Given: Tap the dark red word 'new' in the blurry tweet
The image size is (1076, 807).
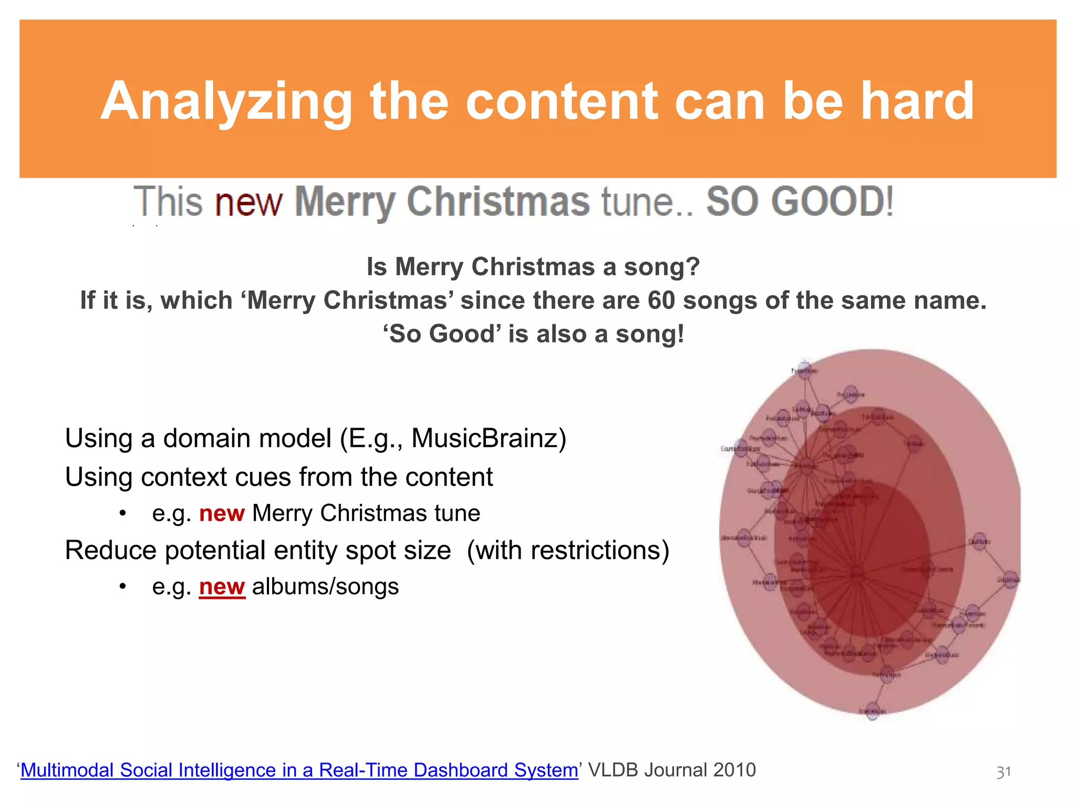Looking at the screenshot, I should pos(249,202).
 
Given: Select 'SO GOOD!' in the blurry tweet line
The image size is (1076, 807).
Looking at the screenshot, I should pos(799,202).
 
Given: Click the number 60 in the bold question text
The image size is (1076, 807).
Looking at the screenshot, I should pos(661,301).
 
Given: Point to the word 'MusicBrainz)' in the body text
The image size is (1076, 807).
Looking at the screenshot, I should pos(489,438).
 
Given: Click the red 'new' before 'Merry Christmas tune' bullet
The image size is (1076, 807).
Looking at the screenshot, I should pos(222,513).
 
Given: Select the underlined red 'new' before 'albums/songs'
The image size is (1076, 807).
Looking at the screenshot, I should pos(222,587).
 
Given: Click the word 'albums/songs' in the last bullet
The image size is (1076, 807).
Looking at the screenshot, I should pos(325,587).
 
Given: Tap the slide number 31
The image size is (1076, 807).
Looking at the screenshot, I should pos(1003,772).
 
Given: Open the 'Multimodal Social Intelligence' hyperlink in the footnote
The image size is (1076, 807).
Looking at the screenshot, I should pos(299,770).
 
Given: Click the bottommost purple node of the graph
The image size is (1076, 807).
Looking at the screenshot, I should pos(873,710).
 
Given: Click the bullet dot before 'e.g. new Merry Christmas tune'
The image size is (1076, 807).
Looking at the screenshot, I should pos(122,513).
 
